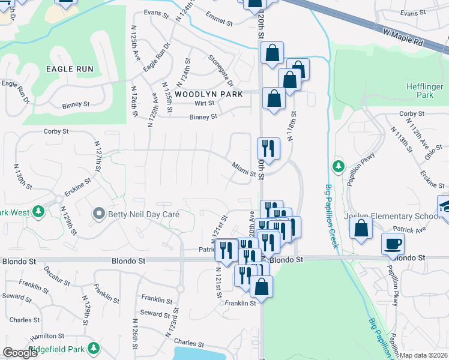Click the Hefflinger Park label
tap(425, 90)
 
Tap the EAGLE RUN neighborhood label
tap(70, 69)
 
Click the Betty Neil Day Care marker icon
tap(100, 214)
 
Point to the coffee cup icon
tap(393, 243)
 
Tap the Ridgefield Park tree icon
tap(93, 348)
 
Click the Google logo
tap(20, 353)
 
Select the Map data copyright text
tap(424, 356)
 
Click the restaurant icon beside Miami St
tap(268, 148)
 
